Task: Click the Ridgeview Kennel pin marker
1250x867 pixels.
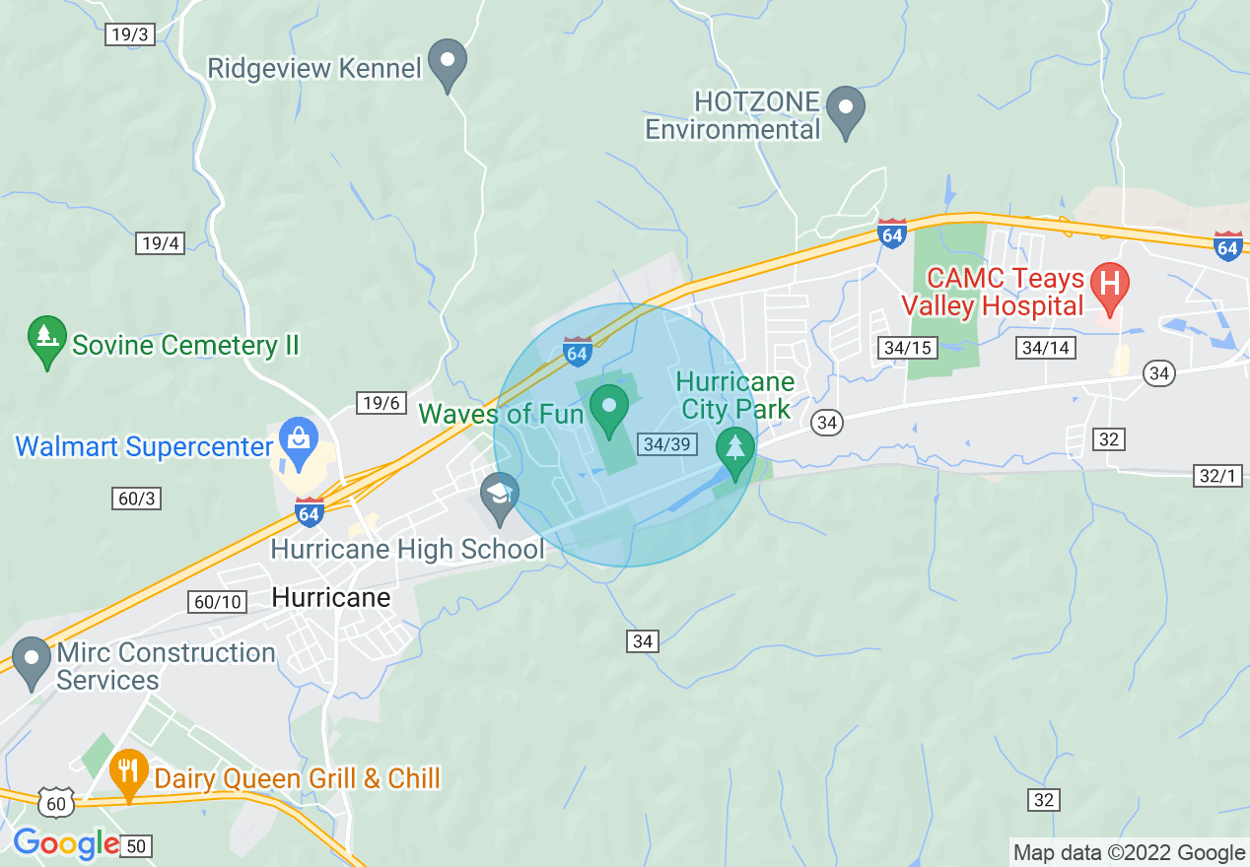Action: (450, 63)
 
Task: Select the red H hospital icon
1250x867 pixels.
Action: (1109, 285)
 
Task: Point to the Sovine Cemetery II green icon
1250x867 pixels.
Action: (46, 339)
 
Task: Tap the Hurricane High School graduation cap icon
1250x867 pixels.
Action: (501, 495)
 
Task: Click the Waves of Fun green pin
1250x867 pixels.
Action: (609, 407)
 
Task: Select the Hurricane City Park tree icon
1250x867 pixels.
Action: (734, 450)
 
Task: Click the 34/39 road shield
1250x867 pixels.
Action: (666, 444)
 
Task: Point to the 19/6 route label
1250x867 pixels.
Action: (381, 403)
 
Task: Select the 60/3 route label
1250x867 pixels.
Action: (136, 500)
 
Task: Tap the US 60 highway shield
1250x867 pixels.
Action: (58, 804)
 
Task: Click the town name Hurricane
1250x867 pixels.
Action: (330, 598)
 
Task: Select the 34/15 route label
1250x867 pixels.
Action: (908, 348)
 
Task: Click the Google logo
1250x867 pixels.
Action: (65, 843)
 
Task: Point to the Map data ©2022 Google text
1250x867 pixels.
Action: (1130, 853)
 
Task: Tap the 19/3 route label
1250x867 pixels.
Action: (129, 34)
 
